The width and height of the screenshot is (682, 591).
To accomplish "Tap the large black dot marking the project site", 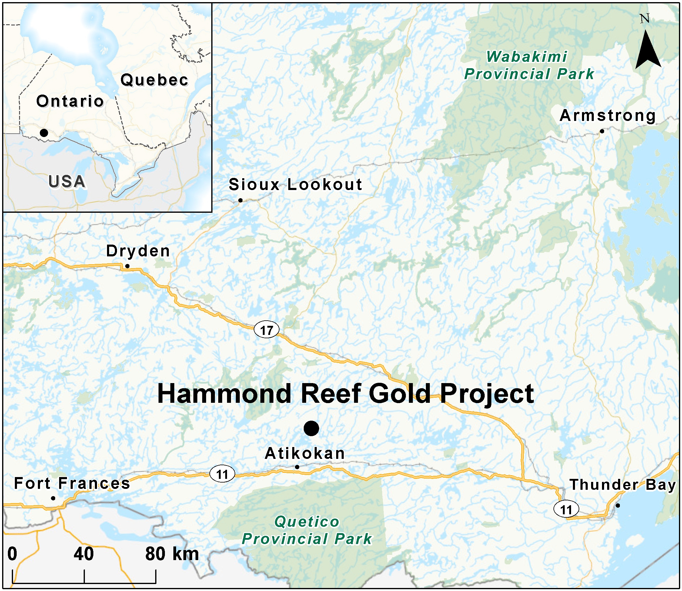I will click(311, 429).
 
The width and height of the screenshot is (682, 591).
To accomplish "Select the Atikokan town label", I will click(305, 453).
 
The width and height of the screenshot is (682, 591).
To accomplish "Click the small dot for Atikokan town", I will click(297, 467).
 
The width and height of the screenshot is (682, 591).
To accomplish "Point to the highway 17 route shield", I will click(266, 330).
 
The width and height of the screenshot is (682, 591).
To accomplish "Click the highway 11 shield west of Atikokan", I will click(222, 474).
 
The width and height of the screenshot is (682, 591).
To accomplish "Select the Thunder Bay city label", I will click(623, 485).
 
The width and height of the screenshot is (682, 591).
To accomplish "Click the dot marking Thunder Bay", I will click(618, 505).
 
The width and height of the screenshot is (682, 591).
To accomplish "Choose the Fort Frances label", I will click(72, 483).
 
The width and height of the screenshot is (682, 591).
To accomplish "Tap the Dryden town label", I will click(138, 251).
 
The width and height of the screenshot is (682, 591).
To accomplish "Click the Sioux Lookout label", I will click(296, 184).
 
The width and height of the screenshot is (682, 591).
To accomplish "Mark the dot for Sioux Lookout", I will click(240, 200).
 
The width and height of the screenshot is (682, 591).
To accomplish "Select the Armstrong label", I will click(608, 116).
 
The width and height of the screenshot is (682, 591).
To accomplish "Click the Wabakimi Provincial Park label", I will click(529, 65).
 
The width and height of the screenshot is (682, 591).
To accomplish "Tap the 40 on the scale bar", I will click(83, 554).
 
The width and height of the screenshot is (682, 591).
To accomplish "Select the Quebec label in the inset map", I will click(154, 80).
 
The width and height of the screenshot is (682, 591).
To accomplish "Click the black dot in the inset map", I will click(44, 133).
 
